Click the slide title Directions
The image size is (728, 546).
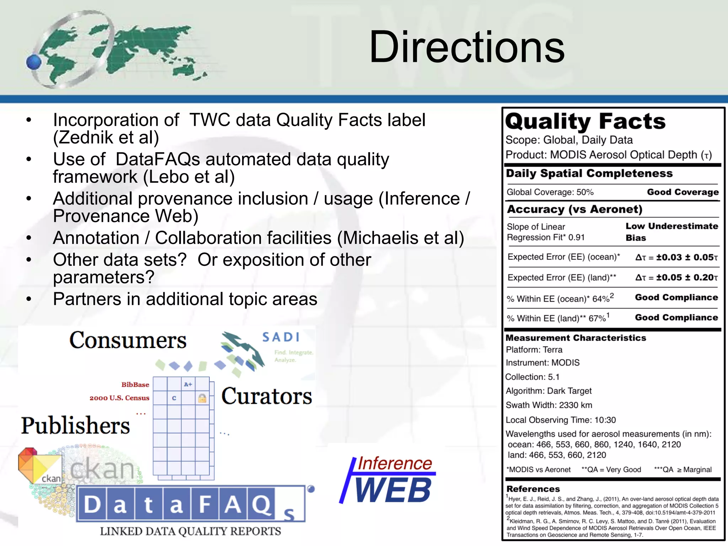pos(467,47)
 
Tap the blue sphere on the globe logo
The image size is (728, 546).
pos(34,62)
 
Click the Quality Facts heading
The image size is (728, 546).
pos(585,122)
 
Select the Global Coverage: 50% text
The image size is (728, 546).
pos(550,192)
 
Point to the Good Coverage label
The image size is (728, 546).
pos(682,192)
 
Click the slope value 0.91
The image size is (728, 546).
pos(576,237)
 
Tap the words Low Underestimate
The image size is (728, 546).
pos(672,226)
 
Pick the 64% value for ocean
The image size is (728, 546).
pos(601,299)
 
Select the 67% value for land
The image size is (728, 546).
pos(597,318)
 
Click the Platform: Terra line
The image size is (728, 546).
pos(534,350)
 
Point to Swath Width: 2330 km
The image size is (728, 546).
pos(549,405)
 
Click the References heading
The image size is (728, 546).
pos(533,489)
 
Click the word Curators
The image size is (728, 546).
pos(267,396)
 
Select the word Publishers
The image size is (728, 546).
pos(75,425)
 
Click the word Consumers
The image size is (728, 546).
pos(128,340)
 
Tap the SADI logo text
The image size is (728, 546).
pos(281,337)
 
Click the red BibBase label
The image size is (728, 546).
pos(135,385)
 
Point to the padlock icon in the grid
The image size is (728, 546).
pos(202,398)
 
